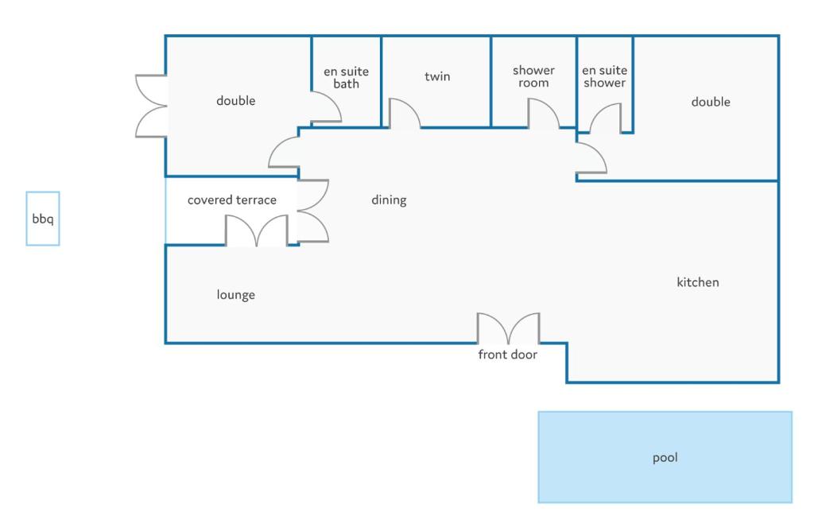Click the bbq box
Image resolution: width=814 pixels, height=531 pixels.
[x=43, y=219]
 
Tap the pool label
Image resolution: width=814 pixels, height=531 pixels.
[x=665, y=458]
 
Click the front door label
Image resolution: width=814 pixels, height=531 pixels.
[x=507, y=355]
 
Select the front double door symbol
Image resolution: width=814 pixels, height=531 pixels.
[x=508, y=328]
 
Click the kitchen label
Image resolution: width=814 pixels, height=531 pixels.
[x=698, y=282]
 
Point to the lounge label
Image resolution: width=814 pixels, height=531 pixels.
[x=235, y=295]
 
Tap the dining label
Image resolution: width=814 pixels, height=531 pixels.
[x=389, y=200]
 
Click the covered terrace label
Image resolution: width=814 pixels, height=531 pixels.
[x=231, y=200]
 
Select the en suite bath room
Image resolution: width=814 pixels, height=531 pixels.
[x=347, y=80]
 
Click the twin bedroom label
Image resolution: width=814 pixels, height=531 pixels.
[x=437, y=76]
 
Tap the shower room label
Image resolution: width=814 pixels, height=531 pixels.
[x=533, y=76]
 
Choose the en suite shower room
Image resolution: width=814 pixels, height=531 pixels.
[x=605, y=83]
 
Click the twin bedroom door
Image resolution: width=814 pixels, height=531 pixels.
[x=405, y=113]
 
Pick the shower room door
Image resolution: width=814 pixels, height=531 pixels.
[x=544, y=113]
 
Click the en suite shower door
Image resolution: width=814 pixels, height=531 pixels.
[x=605, y=118]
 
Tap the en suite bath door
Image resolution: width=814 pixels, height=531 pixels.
[x=326, y=107]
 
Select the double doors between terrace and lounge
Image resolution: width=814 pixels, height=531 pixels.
[x=257, y=231]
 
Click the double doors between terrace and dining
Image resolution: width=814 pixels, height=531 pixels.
[x=313, y=211]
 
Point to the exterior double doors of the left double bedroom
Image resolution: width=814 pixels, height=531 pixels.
[x=151, y=106]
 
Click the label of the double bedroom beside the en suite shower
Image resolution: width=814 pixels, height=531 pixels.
[x=711, y=102]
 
